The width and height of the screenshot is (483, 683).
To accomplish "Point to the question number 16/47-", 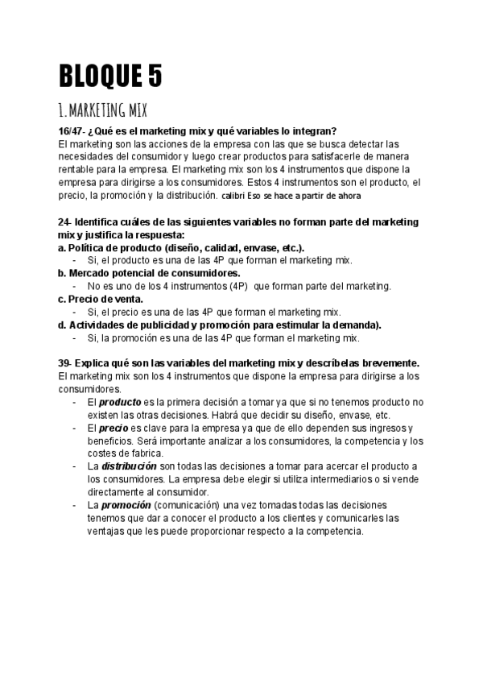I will coord(73,131).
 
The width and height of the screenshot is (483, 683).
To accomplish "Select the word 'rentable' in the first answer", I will coord(81,169).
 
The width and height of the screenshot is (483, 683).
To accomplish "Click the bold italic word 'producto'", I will coord(120,402).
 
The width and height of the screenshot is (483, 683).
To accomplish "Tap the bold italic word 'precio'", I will coord(114,428).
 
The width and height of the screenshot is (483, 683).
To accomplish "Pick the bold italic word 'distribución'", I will coord(128,466).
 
